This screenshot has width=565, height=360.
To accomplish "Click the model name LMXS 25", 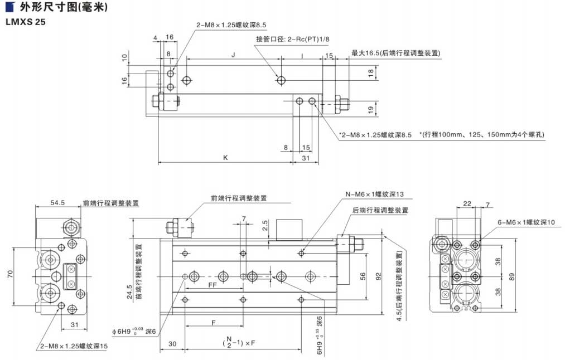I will pos(23,23).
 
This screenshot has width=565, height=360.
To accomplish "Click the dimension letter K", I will pos(225,158).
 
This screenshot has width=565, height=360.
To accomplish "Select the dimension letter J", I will pos(233,55).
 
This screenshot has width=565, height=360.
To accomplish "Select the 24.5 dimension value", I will pos(129,292).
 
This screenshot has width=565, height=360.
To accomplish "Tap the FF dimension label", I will pos(213,285).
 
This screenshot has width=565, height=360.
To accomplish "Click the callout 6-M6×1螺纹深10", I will pos(527,222).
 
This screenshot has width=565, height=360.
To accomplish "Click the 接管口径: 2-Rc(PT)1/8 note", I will pos(293,39).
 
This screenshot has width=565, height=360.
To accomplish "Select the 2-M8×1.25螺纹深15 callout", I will pos(74,346).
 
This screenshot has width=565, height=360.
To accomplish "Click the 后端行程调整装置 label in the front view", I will pos(380,211).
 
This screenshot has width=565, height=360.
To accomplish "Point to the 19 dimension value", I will pos(371,110).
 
